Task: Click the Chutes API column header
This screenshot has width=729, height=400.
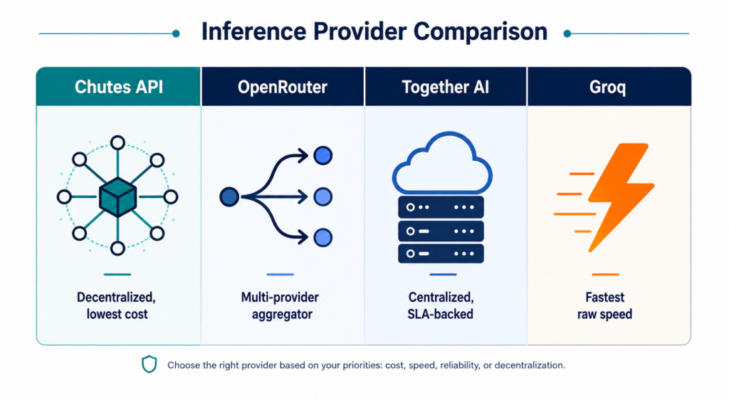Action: click(119, 87)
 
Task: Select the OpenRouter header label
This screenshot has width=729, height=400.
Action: click(283, 87)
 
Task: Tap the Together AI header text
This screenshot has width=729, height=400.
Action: click(446, 87)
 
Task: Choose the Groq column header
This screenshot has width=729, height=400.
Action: click(608, 87)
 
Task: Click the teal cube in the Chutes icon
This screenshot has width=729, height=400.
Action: click(118, 197)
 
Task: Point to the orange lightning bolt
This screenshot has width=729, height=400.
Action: click(620, 197)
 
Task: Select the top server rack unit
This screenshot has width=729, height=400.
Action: click(441, 207)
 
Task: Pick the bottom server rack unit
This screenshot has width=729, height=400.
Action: click(441, 253)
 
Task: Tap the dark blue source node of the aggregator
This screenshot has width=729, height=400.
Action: click(229, 197)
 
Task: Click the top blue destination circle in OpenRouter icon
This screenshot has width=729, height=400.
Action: click(322, 156)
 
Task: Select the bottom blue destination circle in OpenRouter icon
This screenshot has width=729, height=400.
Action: click(322, 238)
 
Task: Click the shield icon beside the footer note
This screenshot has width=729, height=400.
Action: click(150, 364)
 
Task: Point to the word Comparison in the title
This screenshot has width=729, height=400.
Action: click(481, 32)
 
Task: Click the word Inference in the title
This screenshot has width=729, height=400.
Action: click(253, 31)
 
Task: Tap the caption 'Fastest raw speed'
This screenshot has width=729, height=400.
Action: click(605, 305)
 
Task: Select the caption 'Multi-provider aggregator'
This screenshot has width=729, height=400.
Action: click(280, 305)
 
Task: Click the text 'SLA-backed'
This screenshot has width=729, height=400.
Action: click(440, 314)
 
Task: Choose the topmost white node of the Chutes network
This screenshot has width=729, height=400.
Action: click(117, 142)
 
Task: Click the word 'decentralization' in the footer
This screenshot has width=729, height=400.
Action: click(529, 365)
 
